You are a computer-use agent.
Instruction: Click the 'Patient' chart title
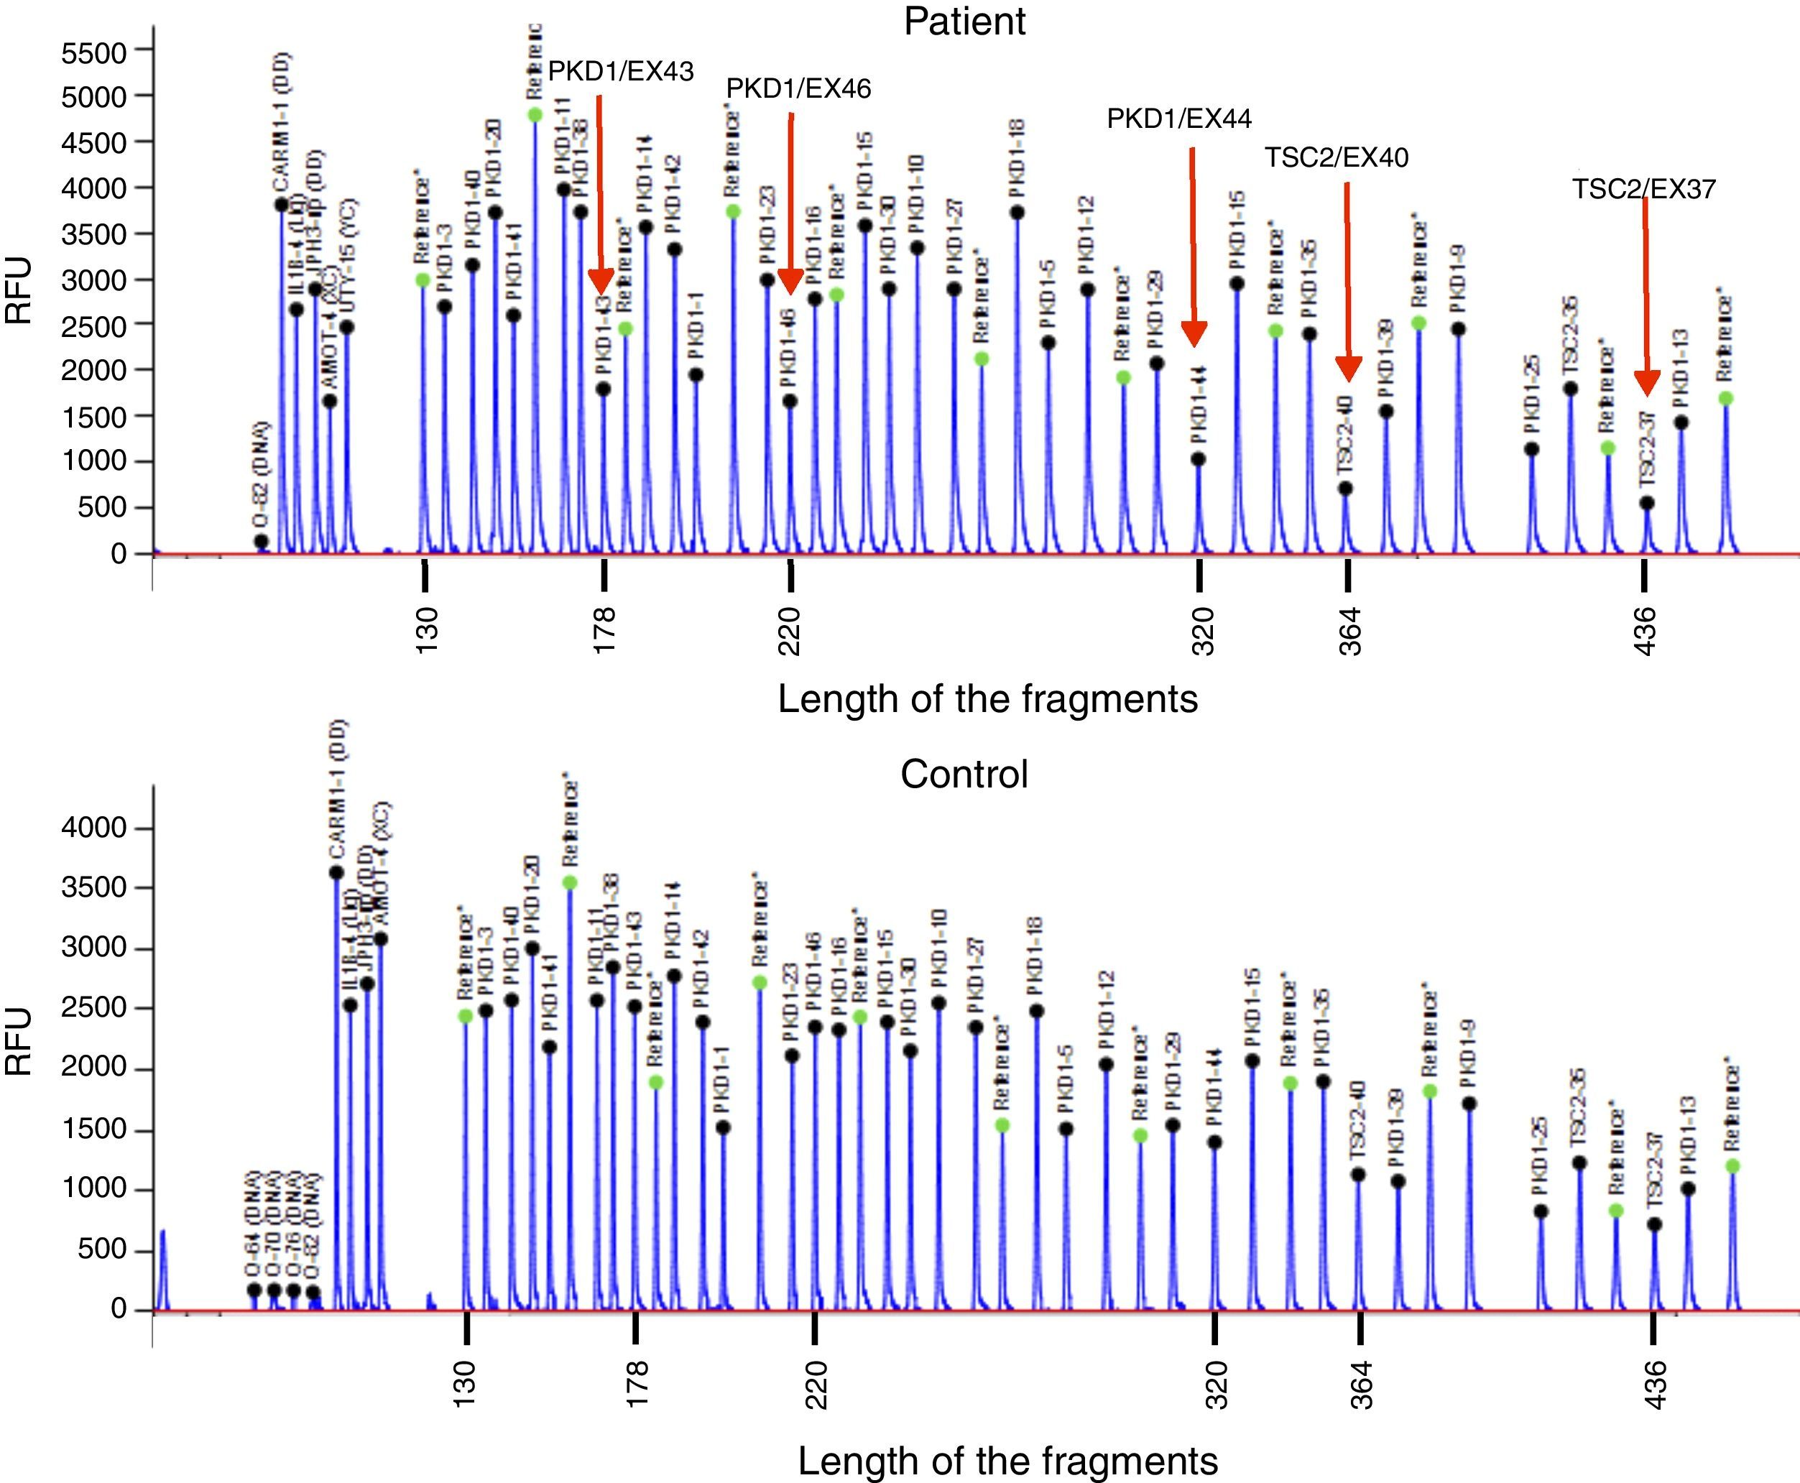964,21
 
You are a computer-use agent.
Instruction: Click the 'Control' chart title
964,774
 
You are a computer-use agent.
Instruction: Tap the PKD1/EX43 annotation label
620,71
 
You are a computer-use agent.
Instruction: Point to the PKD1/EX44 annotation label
1179,119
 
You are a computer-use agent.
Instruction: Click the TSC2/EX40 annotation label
1336,157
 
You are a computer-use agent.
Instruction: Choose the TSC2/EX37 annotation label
1643,189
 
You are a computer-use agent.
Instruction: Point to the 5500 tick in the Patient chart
94,53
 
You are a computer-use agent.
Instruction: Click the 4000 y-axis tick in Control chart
94,828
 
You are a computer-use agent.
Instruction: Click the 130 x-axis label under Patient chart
425,630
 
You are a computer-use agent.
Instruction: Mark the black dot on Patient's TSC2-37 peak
1647,503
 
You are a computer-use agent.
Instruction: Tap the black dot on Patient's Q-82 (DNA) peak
262,542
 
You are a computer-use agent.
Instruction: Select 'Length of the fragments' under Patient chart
987,699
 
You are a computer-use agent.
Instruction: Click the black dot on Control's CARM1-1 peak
336,872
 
